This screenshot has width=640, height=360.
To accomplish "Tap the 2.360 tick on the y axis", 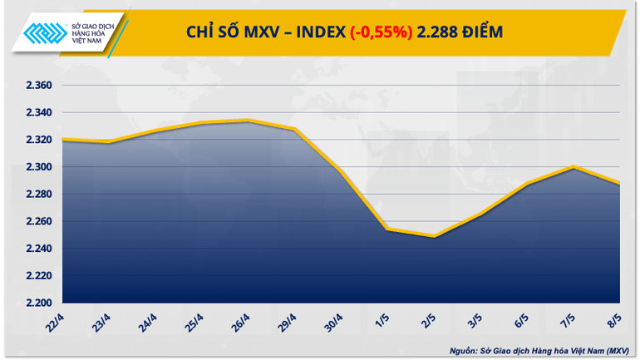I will coord(35,86).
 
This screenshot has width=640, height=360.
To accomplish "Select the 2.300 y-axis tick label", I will coord(35,167).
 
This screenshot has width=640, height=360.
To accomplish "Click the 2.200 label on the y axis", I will coord(35,303).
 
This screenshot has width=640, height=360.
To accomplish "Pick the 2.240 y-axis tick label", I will coord(35,249).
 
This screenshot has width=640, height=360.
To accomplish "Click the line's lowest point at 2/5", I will coord(434,236).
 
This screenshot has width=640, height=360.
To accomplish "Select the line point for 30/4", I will coord(341,172).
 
